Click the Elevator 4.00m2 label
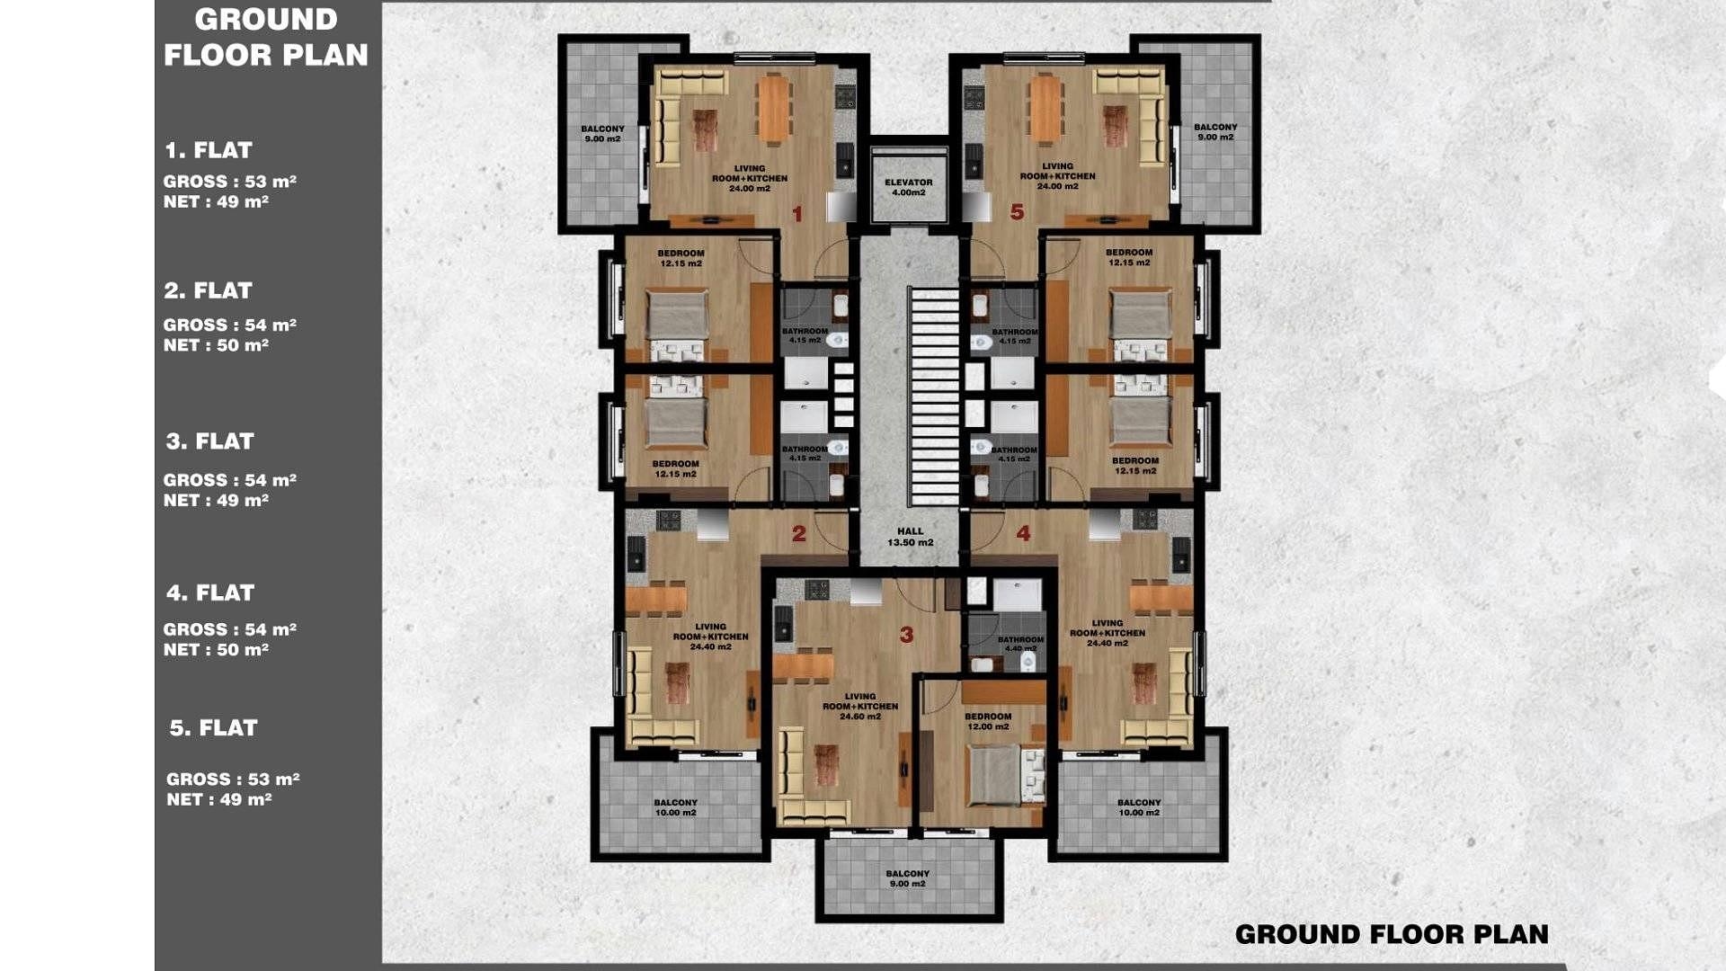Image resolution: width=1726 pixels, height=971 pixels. (x=908, y=187)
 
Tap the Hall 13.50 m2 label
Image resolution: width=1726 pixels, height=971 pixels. (x=910, y=537)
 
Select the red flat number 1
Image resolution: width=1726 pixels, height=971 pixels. (x=796, y=214)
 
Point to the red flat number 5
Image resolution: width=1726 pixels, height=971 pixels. (x=1017, y=212)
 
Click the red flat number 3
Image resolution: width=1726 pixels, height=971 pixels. (x=906, y=635)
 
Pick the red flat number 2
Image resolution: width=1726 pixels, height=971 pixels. (x=798, y=534)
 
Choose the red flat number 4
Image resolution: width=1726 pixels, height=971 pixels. (x=1023, y=534)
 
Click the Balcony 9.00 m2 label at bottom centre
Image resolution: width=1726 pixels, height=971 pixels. (x=907, y=878)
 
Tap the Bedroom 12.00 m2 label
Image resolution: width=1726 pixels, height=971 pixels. (x=988, y=721)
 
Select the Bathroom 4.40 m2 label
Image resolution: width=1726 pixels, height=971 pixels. (x=1020, y=644)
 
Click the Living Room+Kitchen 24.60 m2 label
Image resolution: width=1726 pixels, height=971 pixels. (x=860, y=706)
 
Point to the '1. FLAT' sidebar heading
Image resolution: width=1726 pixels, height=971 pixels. (x=209, y=150)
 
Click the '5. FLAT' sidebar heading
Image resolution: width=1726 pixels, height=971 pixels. (x=214, y=727)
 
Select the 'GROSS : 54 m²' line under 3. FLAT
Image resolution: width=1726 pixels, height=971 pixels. (x=230, y=480)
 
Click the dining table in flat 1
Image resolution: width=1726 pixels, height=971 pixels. (x=773, y=109)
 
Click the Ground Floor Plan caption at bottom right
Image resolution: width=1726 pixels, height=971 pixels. (x=1392, y=934)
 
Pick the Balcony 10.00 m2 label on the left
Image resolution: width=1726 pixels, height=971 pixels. (x=675, y=807)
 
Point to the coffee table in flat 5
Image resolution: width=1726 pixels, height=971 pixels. (x=1115, y=127)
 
